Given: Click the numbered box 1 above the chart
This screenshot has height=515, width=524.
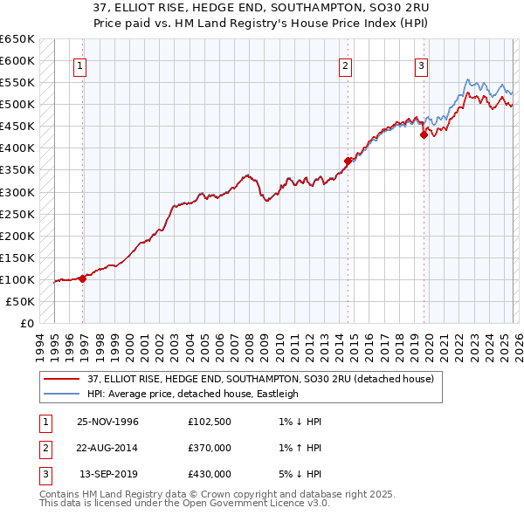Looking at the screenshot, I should [x=79, y=65].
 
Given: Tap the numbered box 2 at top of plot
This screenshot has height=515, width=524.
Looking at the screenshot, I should [x=345, y=65].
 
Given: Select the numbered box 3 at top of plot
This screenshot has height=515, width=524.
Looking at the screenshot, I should [x=421, y=65].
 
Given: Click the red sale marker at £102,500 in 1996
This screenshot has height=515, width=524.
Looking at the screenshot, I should [x=83, y=278].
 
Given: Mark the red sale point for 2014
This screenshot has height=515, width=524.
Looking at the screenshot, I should [x=348, y=161].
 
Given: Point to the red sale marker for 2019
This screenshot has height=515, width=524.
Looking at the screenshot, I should [x=424, y=134].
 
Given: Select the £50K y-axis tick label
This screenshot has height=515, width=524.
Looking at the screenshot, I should [x=21, y=301].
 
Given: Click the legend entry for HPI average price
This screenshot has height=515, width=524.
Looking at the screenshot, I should [x=192, y=394].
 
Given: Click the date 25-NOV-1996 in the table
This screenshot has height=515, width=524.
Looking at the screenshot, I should [x=107, y=422].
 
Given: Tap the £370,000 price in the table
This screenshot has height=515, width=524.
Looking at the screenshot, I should [x=210, y=448].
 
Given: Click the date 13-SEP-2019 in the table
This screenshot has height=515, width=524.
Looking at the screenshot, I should [x=107, y=474].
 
